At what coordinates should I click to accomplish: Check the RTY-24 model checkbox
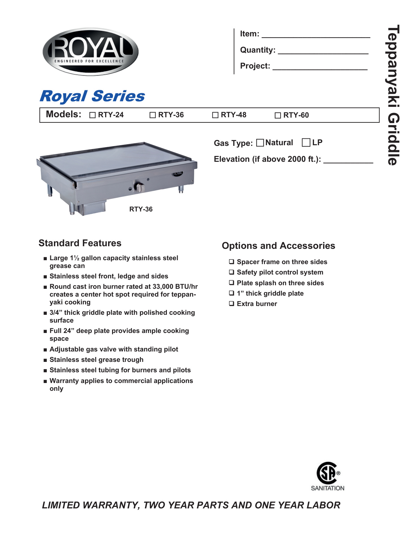pos(93,115)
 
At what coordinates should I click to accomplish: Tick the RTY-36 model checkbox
pos(153,115)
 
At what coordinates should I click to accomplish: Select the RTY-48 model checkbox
pos(215,115)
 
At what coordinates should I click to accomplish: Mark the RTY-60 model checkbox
pos(278,116)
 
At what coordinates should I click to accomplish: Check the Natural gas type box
pos(260,143)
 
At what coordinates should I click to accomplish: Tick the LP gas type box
pos(306,143)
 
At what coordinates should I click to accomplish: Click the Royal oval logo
pos(91,52)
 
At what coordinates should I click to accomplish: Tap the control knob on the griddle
pos(140,187)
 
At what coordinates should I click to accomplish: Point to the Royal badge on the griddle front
pos(178,173)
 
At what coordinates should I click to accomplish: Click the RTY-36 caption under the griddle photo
pos(141,210)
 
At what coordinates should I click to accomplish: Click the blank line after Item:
pos(316,35)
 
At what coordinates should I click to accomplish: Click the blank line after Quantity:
pos(323,51)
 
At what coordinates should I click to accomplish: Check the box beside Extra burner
pos(232,304)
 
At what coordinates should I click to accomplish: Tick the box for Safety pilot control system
pos(232,272)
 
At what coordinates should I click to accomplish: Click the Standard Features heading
pos(80,243)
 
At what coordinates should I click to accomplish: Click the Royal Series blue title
pos(92,96)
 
